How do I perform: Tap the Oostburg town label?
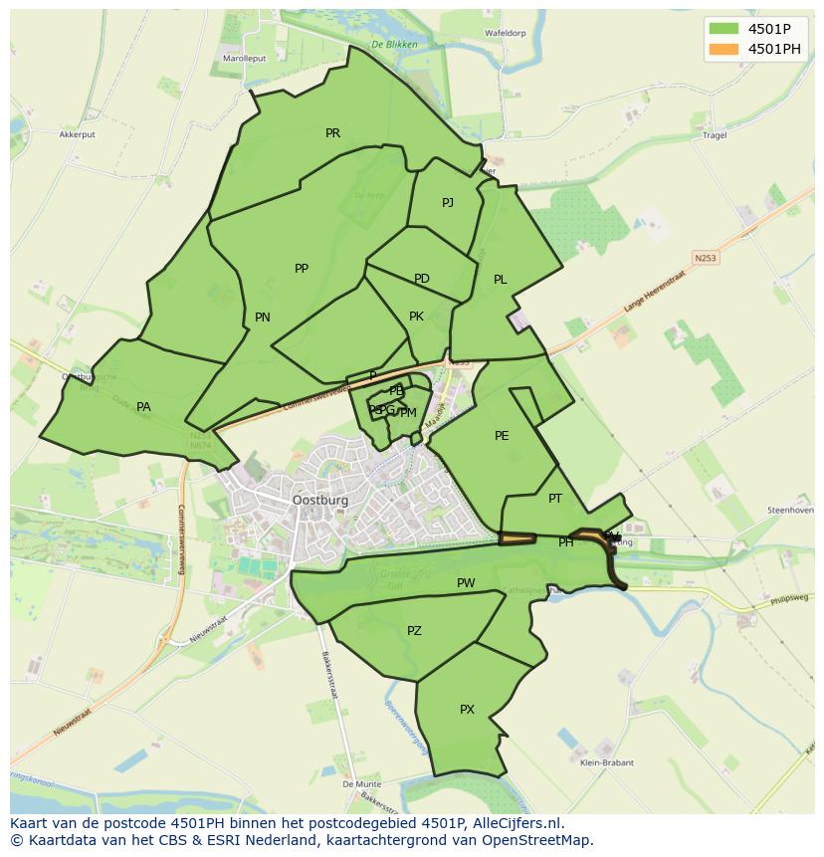320,500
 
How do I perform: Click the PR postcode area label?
332,132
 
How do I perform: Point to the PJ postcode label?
448,203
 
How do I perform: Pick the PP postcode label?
302,269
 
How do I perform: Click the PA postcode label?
143,407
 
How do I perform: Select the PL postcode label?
501,280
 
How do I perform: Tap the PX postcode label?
467,710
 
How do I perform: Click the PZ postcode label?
414,631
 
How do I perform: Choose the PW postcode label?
466,583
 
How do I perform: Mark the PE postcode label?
502,436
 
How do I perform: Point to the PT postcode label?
555,499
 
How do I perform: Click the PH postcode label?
565,542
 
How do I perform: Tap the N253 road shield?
706,258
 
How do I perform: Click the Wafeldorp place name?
505,33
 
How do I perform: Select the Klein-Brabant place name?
605,763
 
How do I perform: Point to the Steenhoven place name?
790,511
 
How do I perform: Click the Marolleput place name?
243,59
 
